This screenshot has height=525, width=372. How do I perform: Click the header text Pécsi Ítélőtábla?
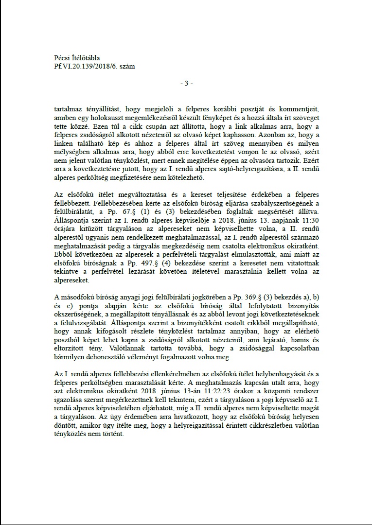pos(77,58)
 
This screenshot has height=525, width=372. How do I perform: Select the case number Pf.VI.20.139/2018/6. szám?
pos(95,66)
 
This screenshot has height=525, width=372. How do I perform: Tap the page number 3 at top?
pos(186,83)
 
